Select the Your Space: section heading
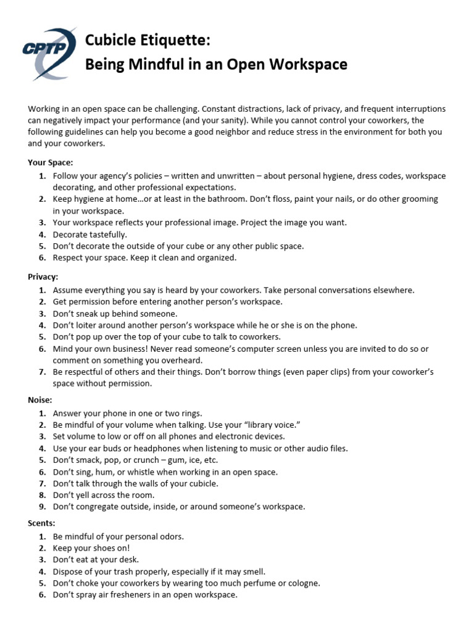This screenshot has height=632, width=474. pyautogui.click(x=51, y=163)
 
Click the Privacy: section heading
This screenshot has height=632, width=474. pyautogui.click(x=43, y=277)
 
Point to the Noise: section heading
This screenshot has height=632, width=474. pyautogui.click(x=40, y=400)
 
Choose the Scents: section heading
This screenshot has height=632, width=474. pyautogui.click(x=42, y=523)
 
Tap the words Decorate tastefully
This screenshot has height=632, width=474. pyautogui.click(x=90, y=235)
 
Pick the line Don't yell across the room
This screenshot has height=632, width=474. pyautogui.click(x=104, y=495)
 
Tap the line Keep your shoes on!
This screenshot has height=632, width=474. pyautogui.click(x=91, y=548)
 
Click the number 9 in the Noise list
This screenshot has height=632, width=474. pyautogui.click(x=41, y=507)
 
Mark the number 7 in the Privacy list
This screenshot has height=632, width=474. pyautogui.click(x=41, y=372)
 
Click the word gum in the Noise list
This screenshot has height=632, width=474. pyautogui.click(x=177, y=460)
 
